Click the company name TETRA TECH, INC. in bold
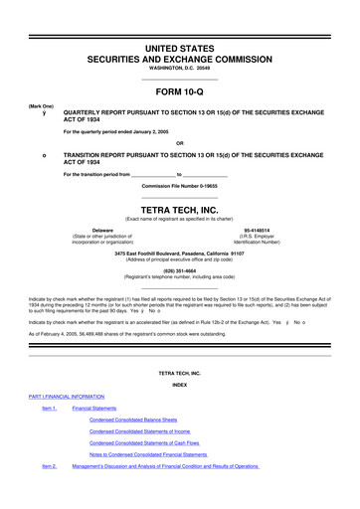coord(179,210)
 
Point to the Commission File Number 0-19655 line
coord(179,186)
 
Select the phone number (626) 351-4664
coord(179,269)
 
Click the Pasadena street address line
coord(179,253)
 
